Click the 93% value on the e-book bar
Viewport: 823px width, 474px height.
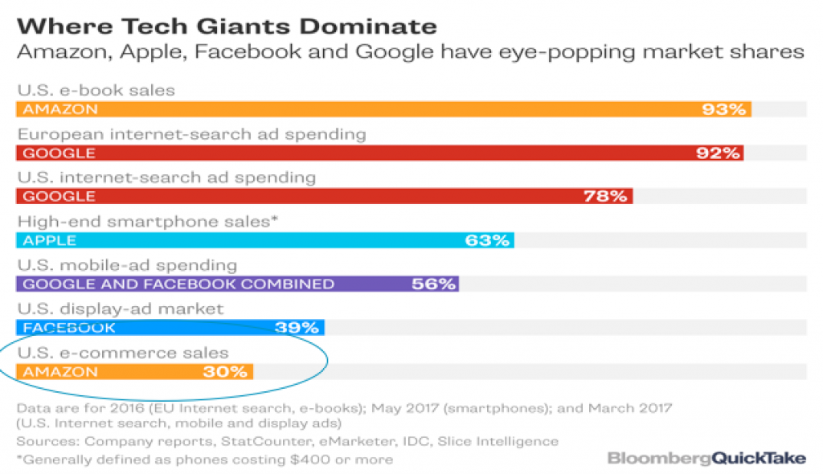tap(724, 109)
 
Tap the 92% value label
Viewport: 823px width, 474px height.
tap(719, 153)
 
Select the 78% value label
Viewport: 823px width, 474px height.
tap(607, 196)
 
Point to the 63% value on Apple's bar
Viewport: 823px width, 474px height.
tap(487, 240)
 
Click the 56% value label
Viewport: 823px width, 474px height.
tap(434, 284)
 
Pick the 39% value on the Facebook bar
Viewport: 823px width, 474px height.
tap(298, 327)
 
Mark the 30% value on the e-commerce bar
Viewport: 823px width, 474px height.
tap(226, 371)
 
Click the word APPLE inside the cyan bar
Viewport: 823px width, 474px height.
tap(50, 240)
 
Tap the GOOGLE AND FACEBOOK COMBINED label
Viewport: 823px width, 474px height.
tap(178, 284)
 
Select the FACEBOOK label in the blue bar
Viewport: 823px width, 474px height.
tap(69, 328)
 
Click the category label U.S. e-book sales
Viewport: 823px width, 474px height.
tap(96, 90)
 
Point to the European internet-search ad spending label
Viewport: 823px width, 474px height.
tap(192, 133)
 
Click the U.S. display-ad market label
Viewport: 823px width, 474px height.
tap(121, 309)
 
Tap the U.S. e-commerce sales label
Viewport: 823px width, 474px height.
tap(123, 353)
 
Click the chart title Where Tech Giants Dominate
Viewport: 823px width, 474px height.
tap(227, 26)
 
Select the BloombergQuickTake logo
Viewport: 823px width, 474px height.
tap(706, 458)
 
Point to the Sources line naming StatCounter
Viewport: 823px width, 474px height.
tap(286, 440)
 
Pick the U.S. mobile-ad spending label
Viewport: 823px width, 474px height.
tap(127, 264)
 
